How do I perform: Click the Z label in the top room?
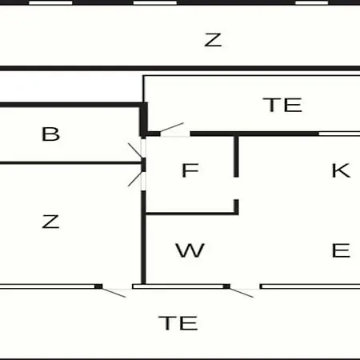coord(213,40)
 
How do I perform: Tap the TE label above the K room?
coord(282,105)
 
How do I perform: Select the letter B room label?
coord(51,134)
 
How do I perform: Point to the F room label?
coord(190,170)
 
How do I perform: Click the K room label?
coord(341,170)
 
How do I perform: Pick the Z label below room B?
coord(50,222)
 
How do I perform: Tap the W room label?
coord(190,250)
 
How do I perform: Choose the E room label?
coord(341,250)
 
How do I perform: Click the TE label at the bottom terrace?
coord(178,323)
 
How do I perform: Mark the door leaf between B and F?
coord(135,150)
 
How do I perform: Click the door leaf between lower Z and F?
coord(135,178)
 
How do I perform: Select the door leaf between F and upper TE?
coord(172,127)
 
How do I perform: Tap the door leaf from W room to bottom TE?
coord(242,293)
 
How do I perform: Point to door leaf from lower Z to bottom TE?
coord(114,293)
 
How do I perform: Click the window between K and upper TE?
coord(339,134)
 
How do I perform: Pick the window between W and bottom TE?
coord(178,286)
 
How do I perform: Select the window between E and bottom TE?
coord(310,286)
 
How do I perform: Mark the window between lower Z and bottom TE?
coord(47,286)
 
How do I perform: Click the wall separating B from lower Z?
coord(70,162)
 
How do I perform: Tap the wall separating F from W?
coord(191,214)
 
